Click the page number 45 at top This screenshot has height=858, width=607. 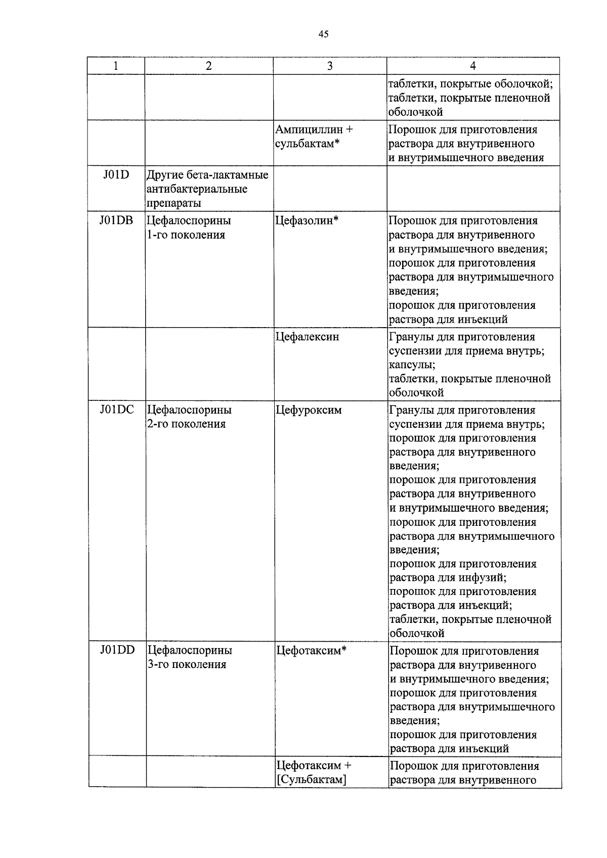coord(324,34)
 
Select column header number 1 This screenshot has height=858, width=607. coord(116,66)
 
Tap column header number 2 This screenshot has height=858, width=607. coord(208,66)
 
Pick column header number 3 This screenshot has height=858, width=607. coord(330,66)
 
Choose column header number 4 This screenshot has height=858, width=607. coord(473,66)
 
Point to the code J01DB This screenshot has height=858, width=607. coord(116,220)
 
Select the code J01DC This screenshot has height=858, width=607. coord(117,410)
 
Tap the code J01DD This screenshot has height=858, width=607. coord(117,650)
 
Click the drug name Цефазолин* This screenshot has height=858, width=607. coord(307,220)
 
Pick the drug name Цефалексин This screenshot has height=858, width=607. coord(307,337)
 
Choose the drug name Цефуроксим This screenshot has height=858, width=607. coord(309,410)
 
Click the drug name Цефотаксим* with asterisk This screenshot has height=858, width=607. coord(311,651)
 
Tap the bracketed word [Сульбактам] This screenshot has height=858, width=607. coord(311,780)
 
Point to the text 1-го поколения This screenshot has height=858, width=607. coord(186,235)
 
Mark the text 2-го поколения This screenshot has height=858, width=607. coord(186,424)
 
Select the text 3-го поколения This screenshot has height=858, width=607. coord(187,664)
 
